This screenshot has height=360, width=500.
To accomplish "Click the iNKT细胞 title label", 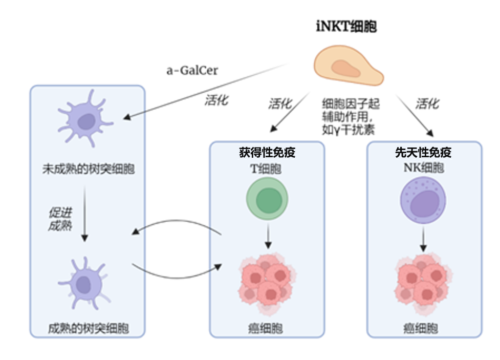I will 346,27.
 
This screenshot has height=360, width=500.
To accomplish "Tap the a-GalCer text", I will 192,71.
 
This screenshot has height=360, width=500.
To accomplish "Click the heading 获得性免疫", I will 267,153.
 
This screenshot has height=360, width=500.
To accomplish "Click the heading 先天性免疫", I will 424,153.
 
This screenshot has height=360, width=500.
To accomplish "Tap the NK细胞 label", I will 423,167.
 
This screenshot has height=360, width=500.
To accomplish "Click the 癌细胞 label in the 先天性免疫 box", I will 423,328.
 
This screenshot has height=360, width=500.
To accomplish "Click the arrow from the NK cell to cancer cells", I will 423,239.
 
